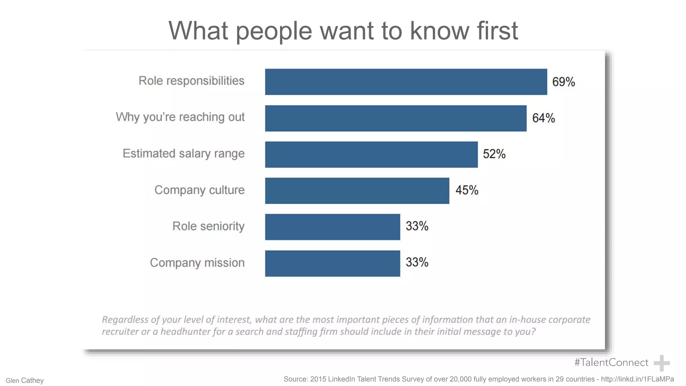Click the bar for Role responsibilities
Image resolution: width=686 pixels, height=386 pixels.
tap(406, 82)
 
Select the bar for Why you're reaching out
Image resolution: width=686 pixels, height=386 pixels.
tap(396, 118)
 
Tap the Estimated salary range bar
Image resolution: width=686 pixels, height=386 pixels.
tap(371, 154)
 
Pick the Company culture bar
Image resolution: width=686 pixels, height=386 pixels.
tap(357, 191)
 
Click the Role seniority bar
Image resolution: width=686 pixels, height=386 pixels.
tap(332, 227)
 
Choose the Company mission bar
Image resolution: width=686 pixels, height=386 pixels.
tap(332, 263)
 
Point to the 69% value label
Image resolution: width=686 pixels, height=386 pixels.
tap(563, 82)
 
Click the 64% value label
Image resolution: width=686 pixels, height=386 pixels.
tap(543, 118)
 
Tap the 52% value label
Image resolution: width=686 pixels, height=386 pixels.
tap(494, 154)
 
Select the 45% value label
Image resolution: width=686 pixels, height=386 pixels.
tap(467, 190)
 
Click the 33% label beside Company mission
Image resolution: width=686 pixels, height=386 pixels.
tap(417, 262)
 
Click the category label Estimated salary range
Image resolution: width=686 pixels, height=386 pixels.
tap(184, 153)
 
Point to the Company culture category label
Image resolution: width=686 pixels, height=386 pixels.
tap(199, 190)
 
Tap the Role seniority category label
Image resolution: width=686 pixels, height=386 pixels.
tap(208, 226)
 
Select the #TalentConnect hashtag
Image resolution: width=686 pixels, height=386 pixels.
tap(611, 363)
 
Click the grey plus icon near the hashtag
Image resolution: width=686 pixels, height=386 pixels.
tap(662, 363)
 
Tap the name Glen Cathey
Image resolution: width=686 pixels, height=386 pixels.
tap(24, 381)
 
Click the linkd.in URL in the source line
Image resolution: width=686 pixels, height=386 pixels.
tap(637, 379)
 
